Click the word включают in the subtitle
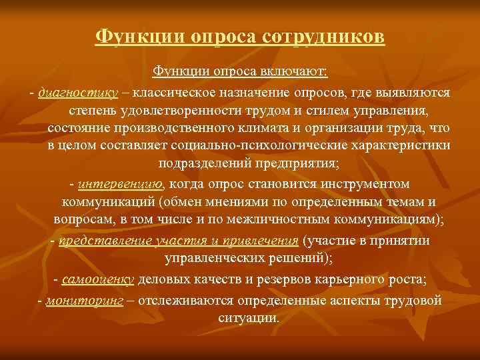[x=299, y=70]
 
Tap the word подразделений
[x=198, y=163]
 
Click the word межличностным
[x=286, y=219]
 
